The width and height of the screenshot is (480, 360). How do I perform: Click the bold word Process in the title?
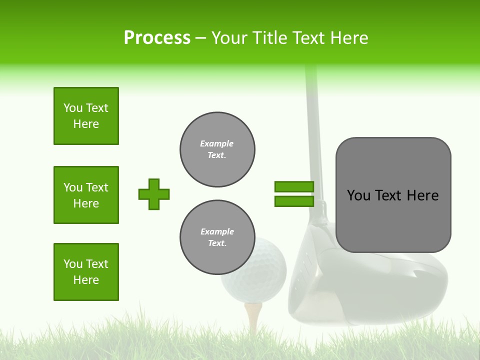157,38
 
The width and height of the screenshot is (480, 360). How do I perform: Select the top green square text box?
86,116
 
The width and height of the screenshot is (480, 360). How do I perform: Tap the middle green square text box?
86,195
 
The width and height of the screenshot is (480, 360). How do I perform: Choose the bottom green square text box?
86,272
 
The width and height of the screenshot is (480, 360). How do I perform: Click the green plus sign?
154,194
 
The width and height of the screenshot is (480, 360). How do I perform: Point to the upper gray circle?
217,149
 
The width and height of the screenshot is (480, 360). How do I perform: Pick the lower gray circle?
217,237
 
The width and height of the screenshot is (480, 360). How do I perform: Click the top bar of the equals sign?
294,186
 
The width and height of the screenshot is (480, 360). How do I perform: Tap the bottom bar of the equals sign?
294,201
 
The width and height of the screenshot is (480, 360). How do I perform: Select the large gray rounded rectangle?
393,195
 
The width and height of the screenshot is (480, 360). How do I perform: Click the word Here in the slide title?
349,38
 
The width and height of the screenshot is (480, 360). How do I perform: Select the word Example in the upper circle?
217,143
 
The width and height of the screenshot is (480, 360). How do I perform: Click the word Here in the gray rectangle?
422,195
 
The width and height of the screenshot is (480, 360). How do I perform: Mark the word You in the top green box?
73,108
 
